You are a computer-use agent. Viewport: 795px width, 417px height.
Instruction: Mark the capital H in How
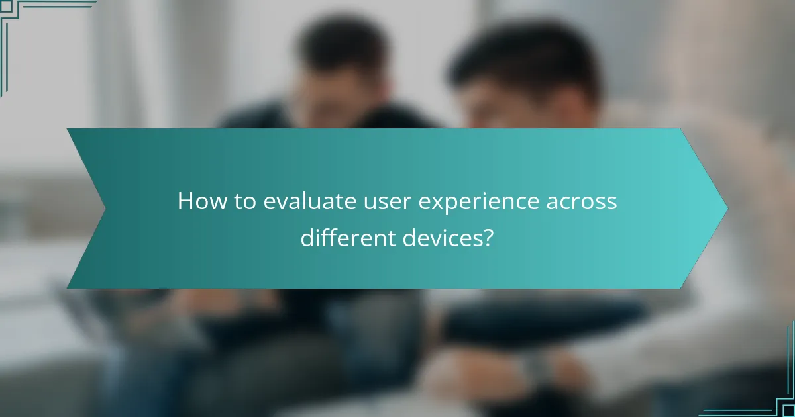[x=185, y=202]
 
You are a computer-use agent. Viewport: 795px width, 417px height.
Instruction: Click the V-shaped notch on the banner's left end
[x=105, y=208]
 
